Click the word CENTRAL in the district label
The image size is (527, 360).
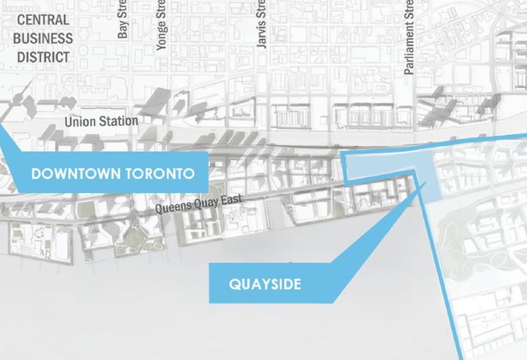click(x=43, y=20)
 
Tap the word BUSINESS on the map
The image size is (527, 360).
click(x=43, y=38)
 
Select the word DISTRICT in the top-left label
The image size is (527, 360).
click(x=43, y=57)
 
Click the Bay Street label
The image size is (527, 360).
click(x=124, y=20)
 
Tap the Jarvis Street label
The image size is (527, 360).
click(x=261, y=23)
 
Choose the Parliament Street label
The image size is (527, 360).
click(x=409, y=37)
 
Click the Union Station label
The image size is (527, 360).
click(x=101, y=121)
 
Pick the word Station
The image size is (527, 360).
click(x=118, y=121)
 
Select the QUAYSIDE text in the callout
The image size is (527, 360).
click(x=264, y=285)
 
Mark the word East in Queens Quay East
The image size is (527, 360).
click(x=231, y=200)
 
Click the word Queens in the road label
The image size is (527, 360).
click(x=172, y=208)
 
